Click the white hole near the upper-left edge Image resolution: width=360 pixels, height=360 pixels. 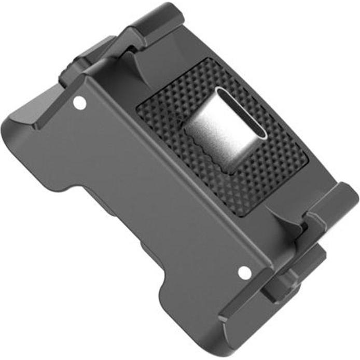coord(79,103)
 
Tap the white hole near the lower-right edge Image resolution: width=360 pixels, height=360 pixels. coord(245,271)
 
